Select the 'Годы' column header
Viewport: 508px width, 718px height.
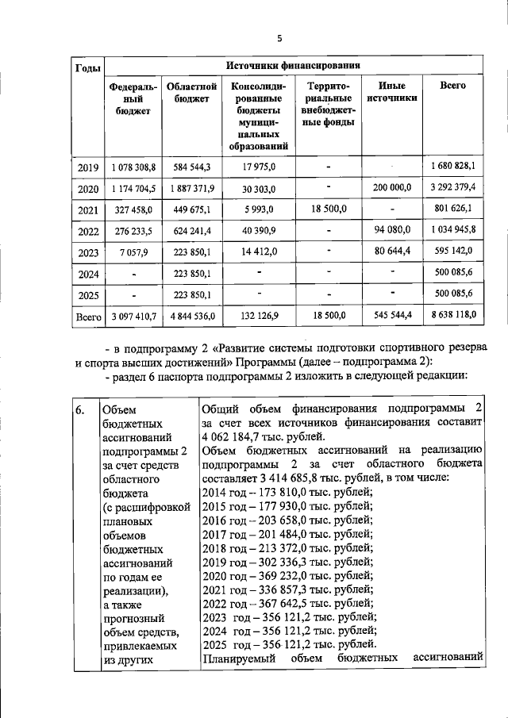(x=87, y=67)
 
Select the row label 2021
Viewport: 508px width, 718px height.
(x=87, y=209)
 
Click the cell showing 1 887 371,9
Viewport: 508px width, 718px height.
(x=191, y=189)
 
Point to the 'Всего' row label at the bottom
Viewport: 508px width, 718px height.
(x=87, y=316)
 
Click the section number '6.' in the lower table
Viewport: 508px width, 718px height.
(x=80, y=410)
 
